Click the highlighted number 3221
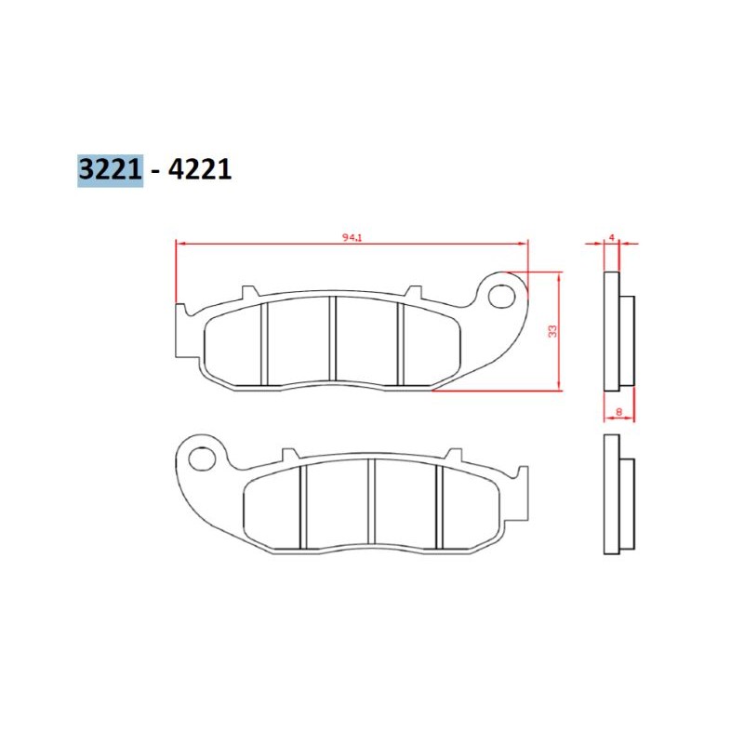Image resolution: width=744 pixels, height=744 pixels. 110,169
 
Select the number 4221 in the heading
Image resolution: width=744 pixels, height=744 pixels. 197,169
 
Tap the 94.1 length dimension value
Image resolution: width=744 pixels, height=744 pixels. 352,238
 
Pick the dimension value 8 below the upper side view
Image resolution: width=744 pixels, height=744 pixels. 618,410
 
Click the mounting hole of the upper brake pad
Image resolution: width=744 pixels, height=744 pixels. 502,296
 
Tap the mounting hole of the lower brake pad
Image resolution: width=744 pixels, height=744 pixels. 201,458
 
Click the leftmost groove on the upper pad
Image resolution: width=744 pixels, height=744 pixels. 263,343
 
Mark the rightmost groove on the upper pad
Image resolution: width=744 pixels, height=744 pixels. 401,343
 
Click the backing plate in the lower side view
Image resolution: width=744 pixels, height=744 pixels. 611,493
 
